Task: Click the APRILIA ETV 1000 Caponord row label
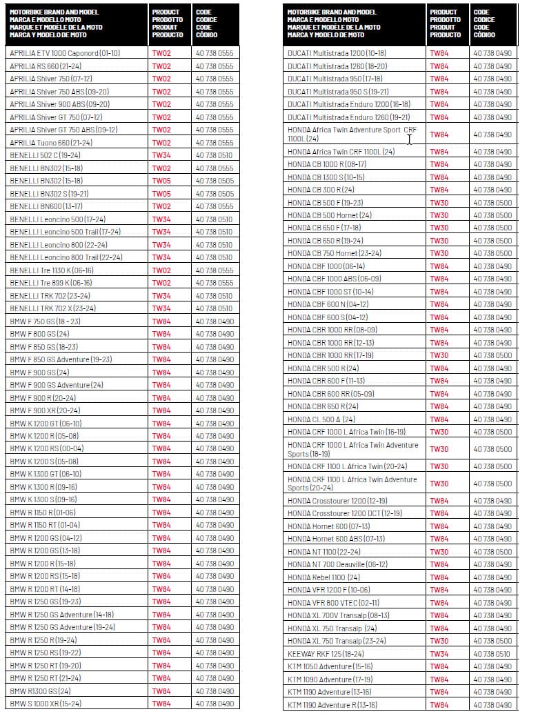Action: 65,53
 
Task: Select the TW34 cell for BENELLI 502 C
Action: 161,155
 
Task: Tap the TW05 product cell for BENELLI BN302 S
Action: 161,194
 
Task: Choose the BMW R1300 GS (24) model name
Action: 40,691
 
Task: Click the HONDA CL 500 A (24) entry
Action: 321,419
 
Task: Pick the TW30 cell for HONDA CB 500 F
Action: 439,203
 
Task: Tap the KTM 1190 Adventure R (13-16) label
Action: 332,705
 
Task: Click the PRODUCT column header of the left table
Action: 167,23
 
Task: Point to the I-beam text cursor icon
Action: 409,139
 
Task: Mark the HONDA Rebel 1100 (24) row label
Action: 323,577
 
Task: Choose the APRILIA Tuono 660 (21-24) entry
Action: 51,143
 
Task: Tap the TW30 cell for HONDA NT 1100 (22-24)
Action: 439,552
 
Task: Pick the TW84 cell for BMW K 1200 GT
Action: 161,424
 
